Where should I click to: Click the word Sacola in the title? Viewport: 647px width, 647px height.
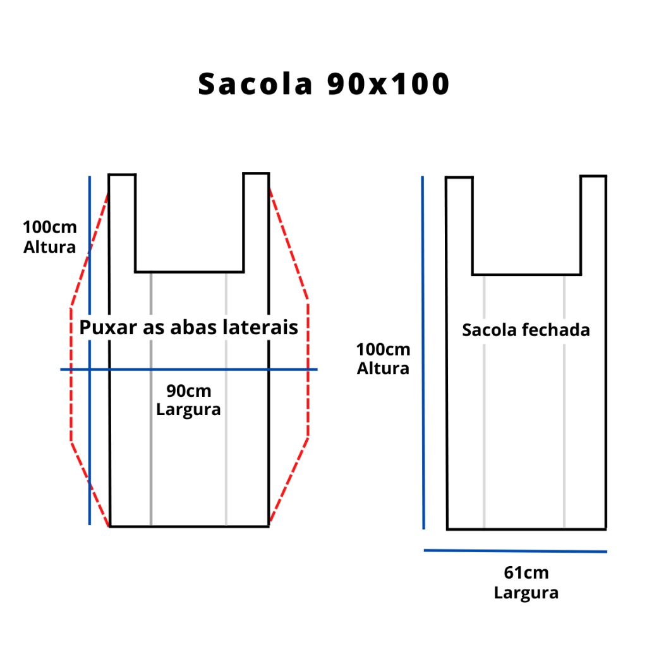(255, 84)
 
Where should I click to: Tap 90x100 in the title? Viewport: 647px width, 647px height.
(388, 84)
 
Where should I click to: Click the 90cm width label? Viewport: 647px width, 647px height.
(188, 390)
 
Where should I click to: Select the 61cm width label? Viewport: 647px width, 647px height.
(526, 572)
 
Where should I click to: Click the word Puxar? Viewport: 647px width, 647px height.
(108, 328)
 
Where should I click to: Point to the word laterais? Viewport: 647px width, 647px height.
(260, 328)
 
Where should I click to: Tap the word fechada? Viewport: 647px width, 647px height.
(556, 330)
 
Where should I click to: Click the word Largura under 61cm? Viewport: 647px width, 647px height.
(526, 593)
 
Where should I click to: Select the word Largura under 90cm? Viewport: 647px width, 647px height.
(188, 409)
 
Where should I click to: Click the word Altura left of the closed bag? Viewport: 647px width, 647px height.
(383, 368)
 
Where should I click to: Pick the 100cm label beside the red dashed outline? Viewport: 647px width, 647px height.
(49, 227)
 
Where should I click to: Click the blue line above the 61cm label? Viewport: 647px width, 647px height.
(516, 551)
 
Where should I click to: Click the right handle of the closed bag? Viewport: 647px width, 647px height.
(593, 225)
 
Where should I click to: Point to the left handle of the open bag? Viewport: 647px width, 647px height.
(122, 223)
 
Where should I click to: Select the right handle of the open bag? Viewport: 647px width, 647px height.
(257, 222)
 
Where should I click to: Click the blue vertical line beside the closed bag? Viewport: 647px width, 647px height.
(423, 353)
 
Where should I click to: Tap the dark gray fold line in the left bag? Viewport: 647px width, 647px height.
(151, 399)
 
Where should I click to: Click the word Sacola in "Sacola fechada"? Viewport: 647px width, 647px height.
(490, 330)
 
